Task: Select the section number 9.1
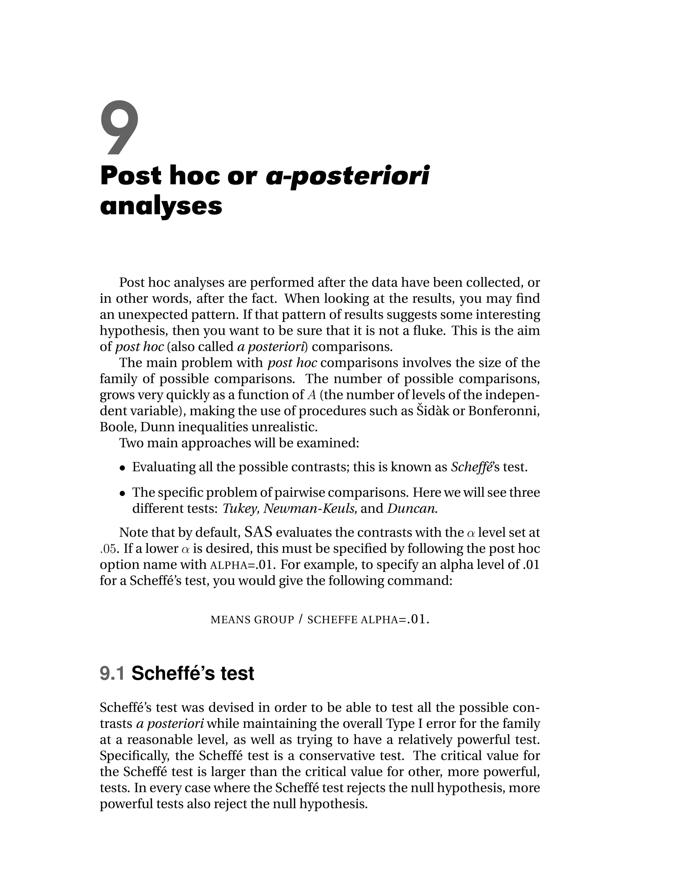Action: click(113, 673)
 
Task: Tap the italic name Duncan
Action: click(412, 508)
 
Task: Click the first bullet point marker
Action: click(123, 468)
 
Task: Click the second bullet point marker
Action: click(123, 493)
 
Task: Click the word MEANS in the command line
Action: click(230, 620)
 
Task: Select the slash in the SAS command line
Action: click(300, 620)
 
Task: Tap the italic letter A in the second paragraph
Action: click(311, 395)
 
